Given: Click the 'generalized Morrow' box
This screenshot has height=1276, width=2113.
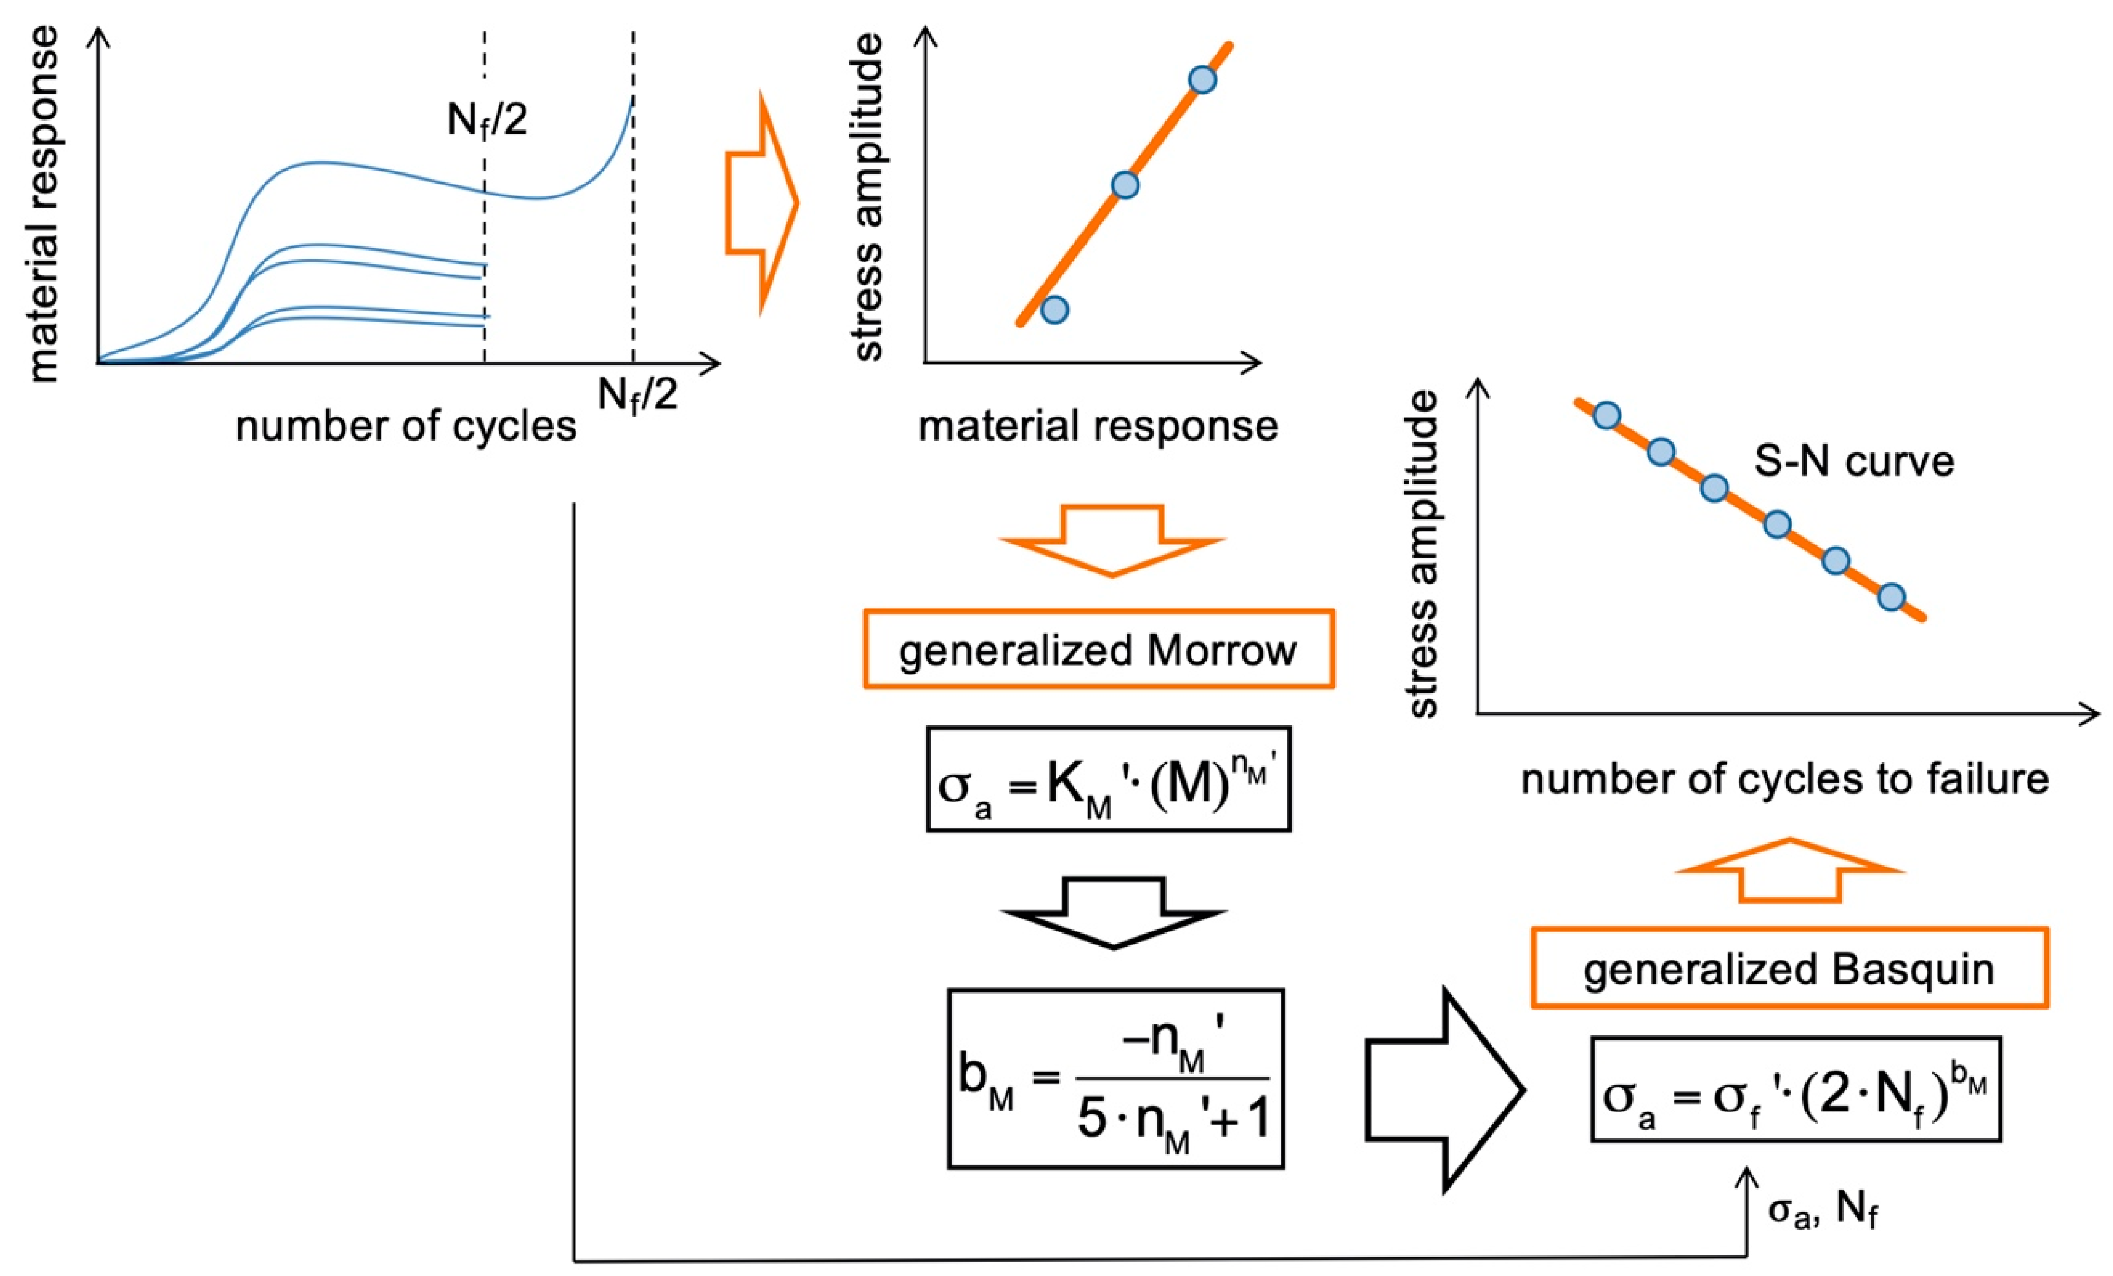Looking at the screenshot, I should pyautogui.click(x=1098, y=649).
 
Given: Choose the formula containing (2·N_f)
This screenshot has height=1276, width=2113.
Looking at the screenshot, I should pyautogui.click(x=1796, y=1089).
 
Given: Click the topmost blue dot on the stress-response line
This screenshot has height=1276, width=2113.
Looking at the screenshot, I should pyautogui.click(x=1202, y=80).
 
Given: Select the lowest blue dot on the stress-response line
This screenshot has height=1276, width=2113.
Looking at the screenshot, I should pyautogui.click(x=1055, y=309).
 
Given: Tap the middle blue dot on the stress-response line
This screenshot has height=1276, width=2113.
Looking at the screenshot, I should pyautogui.click(x=1125, y=184).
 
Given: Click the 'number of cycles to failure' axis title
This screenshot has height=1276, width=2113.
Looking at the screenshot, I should pyautogui.click(x=1785, y=779).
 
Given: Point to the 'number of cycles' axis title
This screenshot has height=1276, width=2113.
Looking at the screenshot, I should pyautogui.click(x=406, y=426).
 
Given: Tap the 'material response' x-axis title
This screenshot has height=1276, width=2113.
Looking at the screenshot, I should pyautogui.click(x=1098, y=426).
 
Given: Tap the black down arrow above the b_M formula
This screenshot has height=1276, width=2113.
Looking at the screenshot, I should pyautogui.click(x=1113, y=911).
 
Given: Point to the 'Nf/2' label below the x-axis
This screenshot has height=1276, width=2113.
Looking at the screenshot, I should pyautogui.click(x=637, y=395).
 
